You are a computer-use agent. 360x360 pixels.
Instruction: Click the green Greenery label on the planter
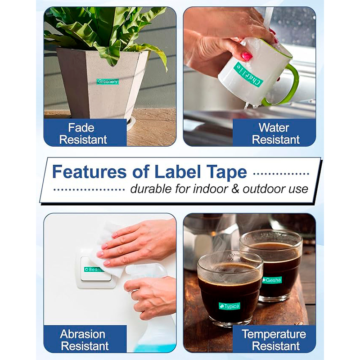click(108, 81)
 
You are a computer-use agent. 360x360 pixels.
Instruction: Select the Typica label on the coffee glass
click(229, 306)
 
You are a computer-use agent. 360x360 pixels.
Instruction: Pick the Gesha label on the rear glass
click(272, 280)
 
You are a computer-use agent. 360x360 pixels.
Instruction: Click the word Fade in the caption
click(81, 128)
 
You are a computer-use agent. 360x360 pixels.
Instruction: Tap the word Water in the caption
click(274, 128)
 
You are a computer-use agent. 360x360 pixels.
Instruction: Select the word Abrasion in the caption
click(83, 334)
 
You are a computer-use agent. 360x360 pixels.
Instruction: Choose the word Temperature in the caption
click(274, 334)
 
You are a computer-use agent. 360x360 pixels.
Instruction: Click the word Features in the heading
click(89, 172)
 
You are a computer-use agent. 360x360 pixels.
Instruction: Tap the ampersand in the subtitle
click(234, 189)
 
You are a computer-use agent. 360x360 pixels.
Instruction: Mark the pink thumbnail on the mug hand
click(247, 56)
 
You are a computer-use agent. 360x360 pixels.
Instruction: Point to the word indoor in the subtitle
click(211, 189)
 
